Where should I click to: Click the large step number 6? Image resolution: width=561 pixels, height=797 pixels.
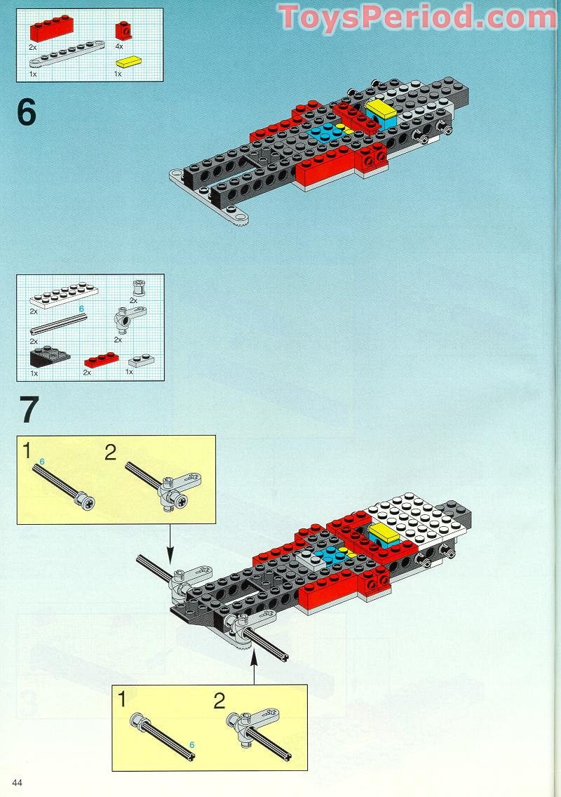27,112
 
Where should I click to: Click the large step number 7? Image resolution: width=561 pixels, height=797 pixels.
28,410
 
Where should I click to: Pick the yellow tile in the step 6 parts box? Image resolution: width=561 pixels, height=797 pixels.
129,62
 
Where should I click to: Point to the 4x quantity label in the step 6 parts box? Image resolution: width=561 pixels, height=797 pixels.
119,46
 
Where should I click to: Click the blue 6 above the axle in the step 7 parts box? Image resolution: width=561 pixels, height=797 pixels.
81,309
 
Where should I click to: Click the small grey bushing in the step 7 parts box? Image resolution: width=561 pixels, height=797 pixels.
137,287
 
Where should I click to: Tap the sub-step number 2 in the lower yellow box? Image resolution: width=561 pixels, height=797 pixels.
219,700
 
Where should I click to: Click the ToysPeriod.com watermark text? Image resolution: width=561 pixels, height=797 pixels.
417,18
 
